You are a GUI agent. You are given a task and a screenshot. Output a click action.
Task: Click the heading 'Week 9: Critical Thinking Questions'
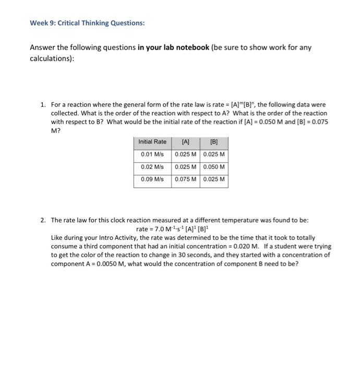point(87,23)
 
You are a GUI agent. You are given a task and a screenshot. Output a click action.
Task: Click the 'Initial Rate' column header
point(152,142)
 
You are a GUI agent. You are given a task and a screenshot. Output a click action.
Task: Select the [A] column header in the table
point(185,142)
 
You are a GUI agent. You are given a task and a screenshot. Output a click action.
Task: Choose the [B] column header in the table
point(214,142)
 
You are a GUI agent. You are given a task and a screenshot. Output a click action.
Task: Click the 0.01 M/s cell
point(152,154)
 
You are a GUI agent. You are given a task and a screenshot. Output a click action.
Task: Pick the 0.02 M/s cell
point(152,167)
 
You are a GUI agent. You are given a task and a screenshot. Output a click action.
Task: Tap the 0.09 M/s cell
point(152,179)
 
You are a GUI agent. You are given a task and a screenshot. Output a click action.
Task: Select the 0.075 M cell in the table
point(185,179)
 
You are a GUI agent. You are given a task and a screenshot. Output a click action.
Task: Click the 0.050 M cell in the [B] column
point(214,167)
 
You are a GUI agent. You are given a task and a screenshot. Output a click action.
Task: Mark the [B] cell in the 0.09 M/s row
point(214,179)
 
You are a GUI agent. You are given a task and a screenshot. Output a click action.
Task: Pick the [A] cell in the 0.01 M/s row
point(185,154)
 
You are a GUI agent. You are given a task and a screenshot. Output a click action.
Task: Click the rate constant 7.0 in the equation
point(158,229)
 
